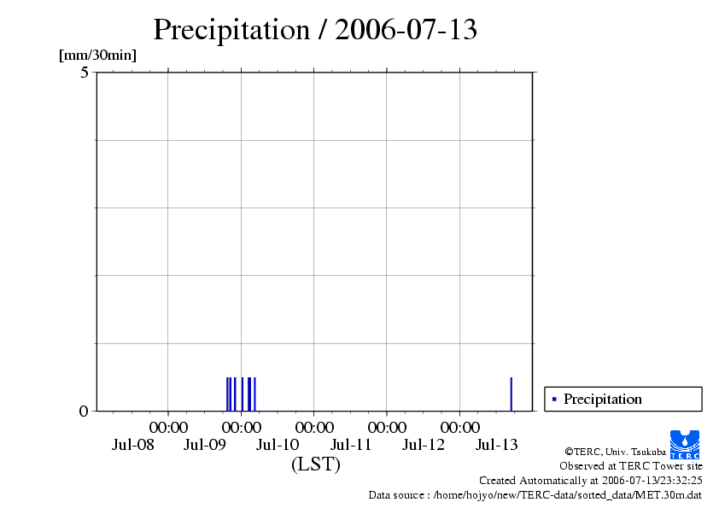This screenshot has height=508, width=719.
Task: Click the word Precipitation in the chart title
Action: coord(231,31)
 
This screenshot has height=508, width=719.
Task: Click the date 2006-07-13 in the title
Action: coord(406,31)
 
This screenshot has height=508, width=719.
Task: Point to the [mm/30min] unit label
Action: coord(97,56)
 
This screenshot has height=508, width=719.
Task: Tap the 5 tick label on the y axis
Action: coord(85,73)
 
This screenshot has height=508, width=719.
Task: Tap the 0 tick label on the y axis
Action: coord(84,412)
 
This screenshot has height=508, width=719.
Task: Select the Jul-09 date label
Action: coord(205,445)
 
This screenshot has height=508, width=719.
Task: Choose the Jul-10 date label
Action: coord(278,445)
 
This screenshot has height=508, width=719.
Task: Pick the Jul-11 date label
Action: coord(351,445)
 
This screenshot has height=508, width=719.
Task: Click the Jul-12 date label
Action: coord(424,445)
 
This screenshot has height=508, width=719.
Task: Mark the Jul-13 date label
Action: coord(496,445)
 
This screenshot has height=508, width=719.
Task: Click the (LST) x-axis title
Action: coord(315,465)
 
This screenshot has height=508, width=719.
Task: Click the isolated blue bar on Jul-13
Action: coord(511,394)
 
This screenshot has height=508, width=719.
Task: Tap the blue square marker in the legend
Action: coord(554,399)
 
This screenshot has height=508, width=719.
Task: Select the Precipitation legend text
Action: coord(602,399)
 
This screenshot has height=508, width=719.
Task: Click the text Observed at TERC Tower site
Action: coord(630,466)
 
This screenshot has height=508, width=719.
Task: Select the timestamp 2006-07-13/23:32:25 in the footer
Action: coord(644,481)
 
